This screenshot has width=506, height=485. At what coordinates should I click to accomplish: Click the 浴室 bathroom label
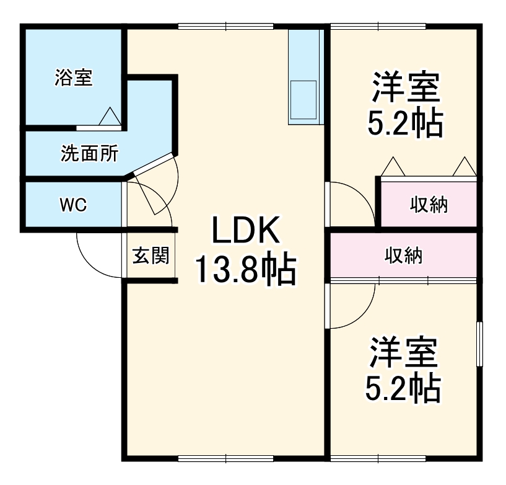(x=74, y=78)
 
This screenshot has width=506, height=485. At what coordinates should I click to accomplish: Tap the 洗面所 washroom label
(x=90, y=153)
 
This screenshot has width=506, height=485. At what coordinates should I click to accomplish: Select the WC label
(x=73, y=205)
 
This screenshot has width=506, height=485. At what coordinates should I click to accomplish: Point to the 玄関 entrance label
(x=150, y=255)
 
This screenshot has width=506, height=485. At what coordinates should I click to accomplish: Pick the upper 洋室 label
(x=406, y=89)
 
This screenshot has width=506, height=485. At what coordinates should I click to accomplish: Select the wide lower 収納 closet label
(x=404, y=255)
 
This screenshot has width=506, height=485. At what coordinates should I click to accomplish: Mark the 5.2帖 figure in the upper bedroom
(x=406, y=125)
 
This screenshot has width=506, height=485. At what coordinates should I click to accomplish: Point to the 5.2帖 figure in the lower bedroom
(x=404, y=389)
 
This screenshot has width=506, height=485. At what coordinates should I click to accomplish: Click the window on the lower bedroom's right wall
(x=479, y=345)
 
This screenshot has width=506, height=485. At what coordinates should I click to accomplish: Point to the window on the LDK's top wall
(x=225, y=26)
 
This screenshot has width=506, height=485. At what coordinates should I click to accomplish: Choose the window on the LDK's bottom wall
(x=225, y=458)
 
